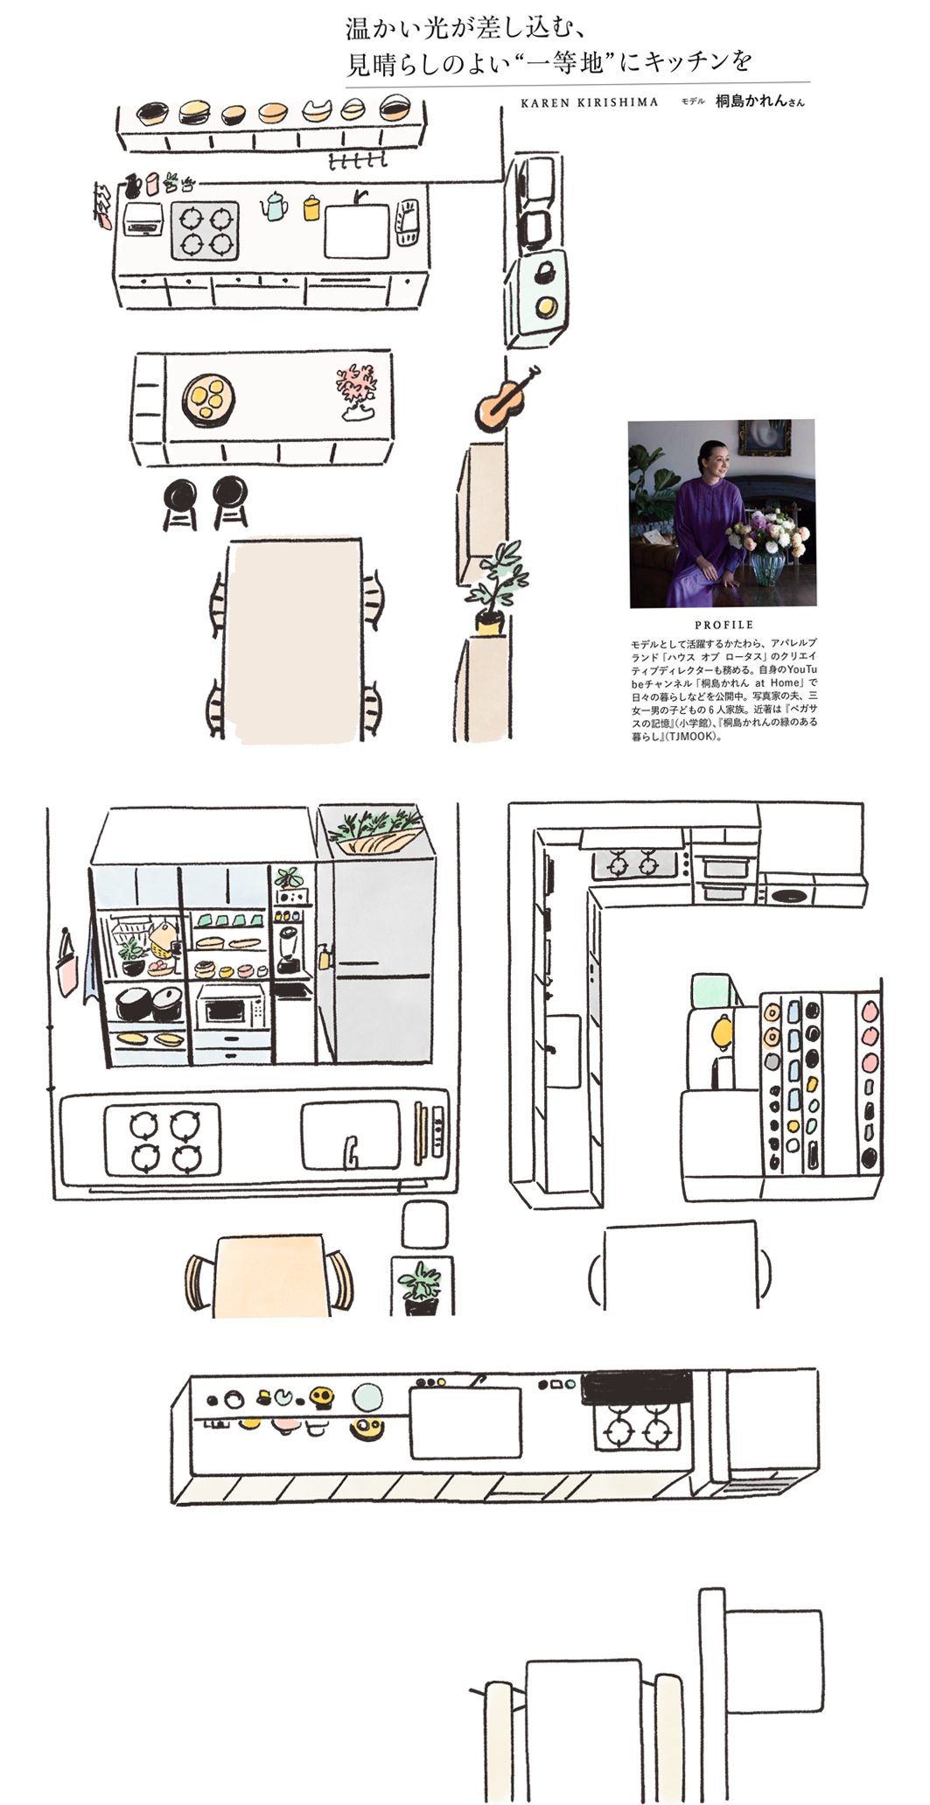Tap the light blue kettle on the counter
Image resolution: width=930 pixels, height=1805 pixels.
pos(274,206)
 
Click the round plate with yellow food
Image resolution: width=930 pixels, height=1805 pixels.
pos(208,400)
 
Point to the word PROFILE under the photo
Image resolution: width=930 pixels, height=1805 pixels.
pos(724,625)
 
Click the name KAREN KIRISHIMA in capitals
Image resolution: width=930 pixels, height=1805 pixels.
pos(589,102)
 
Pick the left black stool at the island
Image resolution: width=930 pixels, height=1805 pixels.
pos(180,504)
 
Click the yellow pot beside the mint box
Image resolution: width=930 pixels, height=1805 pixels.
pos(722,1032)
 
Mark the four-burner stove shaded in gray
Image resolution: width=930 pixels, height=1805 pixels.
pos(205,230)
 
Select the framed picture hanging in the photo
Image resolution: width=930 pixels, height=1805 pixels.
pos(765,437)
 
